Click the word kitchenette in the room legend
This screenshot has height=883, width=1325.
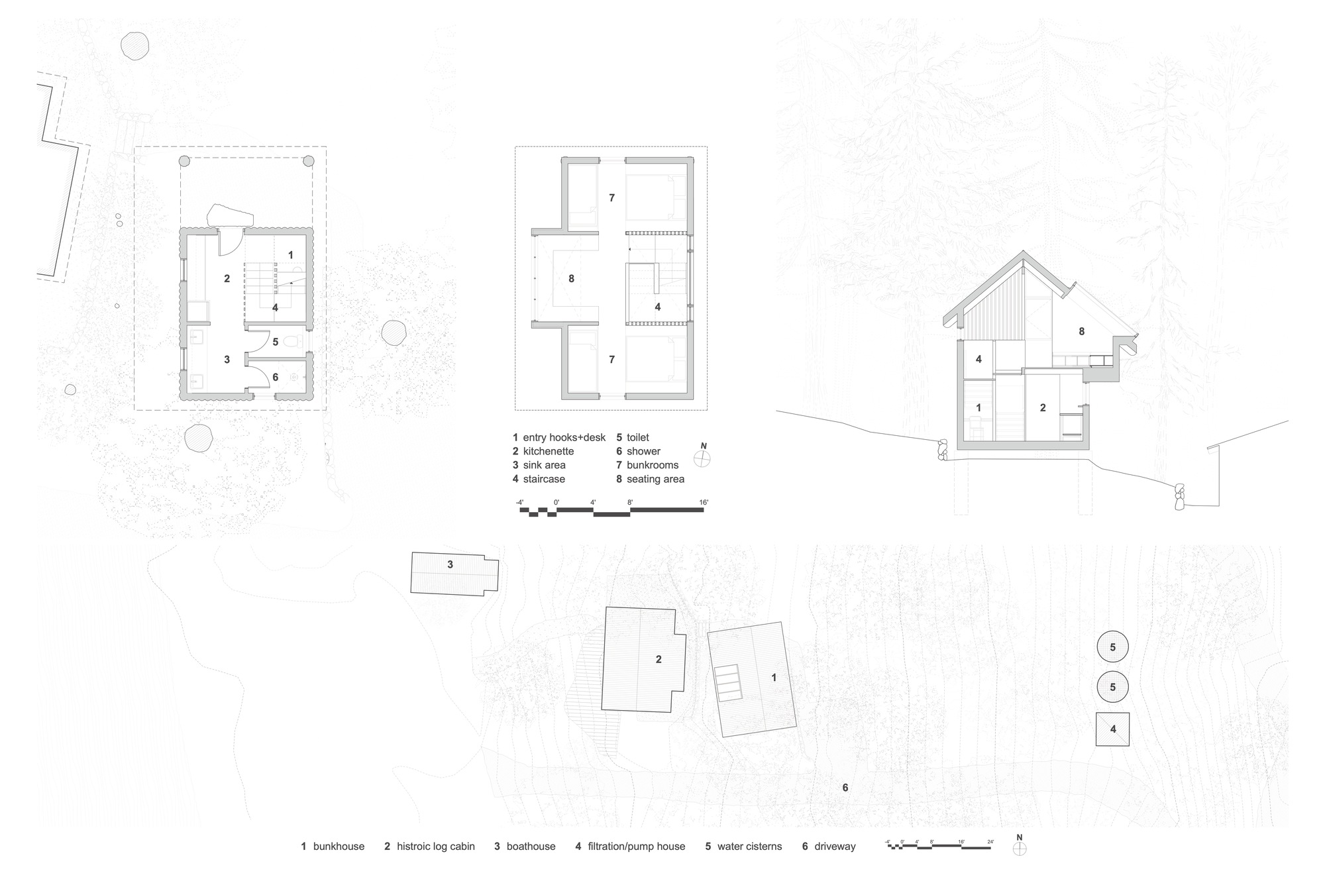click(x=548, y=451)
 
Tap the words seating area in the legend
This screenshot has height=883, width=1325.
click(x=655, y=479)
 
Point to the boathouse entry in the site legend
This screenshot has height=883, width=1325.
click(x=531, y=846)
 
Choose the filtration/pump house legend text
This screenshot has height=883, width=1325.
click(x=636, y=846)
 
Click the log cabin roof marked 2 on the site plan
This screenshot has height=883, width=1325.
click(x=643, y=659)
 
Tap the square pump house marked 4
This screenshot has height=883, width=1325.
click(x=1112, y=729)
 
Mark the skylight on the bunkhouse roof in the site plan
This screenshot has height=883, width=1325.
click(x=727, y=682)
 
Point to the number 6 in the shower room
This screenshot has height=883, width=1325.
click(x=276, y=378)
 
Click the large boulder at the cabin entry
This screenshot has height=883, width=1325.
click(x=230, y=216)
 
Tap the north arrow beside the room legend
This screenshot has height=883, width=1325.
click(x=703, y=458)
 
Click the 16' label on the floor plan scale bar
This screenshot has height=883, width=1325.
click(x=703, y=503)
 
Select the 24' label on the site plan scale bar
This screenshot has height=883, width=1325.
click(x=990, y=842)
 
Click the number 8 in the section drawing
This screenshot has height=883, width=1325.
click(x=1082, y=331)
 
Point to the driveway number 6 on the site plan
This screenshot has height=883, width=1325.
click(x=845, y=788)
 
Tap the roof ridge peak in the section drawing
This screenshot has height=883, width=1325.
click(x=1024, y=253)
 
